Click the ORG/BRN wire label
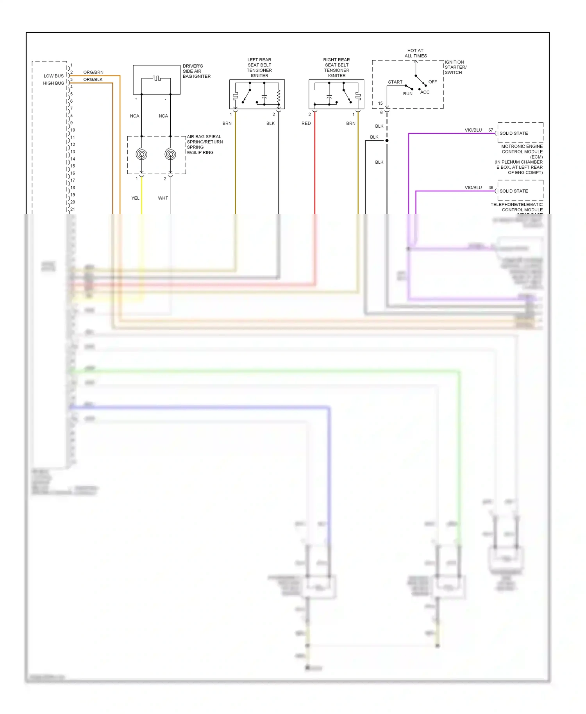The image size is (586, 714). click(x=93, y=72)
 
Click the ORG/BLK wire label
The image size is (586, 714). click(x=93, y=79)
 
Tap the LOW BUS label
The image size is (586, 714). click(x=54, y=76)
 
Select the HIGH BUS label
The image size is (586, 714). click(x=54, y=83)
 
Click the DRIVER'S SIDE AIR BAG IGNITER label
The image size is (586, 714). click(x=197, y=71)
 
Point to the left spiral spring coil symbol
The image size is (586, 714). click(x=141, y=154)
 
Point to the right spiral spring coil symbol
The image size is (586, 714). click(x=170, y=154)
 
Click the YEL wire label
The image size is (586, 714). click(x=135, y=198)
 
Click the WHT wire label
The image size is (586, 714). click(x=163, y=198)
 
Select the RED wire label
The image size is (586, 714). click(x=306, y=123)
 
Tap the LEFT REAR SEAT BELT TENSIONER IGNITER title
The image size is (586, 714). click(x=259, y=68)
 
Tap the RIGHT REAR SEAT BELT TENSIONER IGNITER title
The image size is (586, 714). click(x=336, y=68)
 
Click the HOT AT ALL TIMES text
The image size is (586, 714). click(x=416, y=53)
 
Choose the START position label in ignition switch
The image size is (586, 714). click(x=395, y=82)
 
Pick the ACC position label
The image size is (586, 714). click(x=425, y=92)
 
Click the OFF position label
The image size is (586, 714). click(x=432, y=82)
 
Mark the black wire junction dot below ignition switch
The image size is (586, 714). click(x=387, y=141)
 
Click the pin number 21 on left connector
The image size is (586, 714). click(x=73, y=209)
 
